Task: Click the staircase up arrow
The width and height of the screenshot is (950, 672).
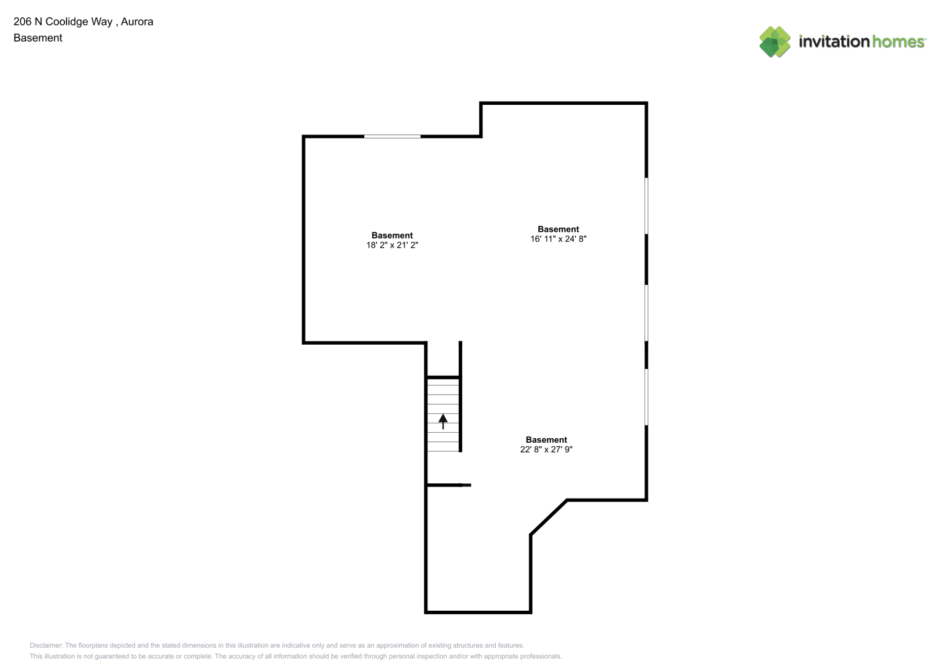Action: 443,421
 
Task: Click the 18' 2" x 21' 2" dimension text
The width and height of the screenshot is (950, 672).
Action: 392,245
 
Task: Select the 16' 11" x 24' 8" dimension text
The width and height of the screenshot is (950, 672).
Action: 558,239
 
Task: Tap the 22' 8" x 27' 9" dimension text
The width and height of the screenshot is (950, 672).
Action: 546,450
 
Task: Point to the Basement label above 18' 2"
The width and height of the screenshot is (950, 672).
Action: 392,235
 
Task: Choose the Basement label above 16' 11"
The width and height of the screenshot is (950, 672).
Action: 558,229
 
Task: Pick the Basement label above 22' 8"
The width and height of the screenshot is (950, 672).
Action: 546,439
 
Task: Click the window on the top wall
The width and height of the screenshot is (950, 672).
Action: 392,136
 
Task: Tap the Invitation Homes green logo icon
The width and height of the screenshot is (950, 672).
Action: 775,42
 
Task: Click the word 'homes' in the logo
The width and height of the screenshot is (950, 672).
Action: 898,42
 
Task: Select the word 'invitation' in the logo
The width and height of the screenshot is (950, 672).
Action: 834,42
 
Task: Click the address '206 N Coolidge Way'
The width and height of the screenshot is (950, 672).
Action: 62,22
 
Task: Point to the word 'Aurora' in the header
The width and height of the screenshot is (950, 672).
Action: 137,22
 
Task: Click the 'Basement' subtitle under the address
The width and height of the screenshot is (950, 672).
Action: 38,38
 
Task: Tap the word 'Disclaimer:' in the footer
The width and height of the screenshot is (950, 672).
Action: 46,645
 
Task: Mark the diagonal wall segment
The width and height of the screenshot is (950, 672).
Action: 548,517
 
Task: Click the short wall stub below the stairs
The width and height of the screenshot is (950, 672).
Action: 449,485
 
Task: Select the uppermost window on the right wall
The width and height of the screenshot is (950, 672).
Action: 646,206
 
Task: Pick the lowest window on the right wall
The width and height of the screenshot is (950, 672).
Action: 646,397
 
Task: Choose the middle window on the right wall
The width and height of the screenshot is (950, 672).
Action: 646,313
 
